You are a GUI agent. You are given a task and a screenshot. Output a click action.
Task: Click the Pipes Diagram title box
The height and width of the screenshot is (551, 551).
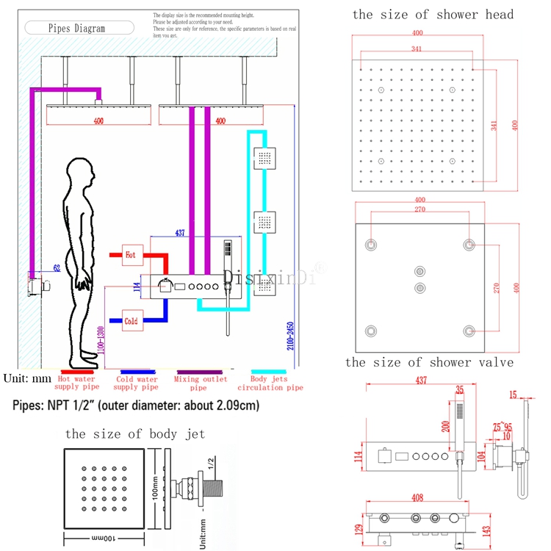click(76, 29)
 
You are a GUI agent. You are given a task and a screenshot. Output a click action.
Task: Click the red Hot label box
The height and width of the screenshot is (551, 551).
click(131, 255)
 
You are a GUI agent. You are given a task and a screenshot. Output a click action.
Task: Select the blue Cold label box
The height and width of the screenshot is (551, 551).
click(131, 321)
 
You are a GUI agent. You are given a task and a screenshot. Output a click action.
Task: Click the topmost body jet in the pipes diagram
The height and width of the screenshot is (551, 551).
click(264, 157)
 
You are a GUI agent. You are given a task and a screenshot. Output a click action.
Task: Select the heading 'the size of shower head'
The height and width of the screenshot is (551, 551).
click(433, 14)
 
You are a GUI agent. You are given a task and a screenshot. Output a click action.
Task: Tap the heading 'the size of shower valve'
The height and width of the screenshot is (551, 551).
click(429, 362)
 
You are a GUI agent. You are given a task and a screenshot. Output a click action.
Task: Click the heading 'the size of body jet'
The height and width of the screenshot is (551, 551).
click(135, 433)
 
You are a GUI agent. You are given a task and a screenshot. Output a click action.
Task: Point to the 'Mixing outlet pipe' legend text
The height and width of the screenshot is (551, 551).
click(198, 383)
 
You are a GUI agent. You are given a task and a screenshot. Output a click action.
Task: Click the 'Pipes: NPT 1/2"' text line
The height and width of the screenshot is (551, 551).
click(137, 406)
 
